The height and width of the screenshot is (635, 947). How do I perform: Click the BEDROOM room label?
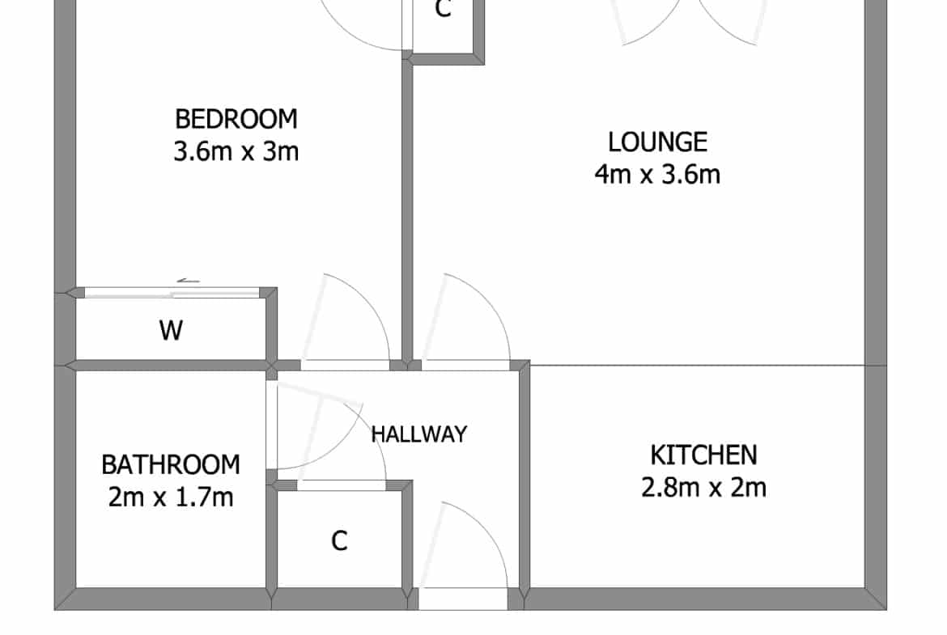click(x=236, y=119)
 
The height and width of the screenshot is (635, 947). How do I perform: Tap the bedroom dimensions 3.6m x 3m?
click(x=236, y=151)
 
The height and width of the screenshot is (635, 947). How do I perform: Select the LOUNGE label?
click(x=657, y=142)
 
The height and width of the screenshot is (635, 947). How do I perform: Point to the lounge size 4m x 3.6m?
click(x=657, y=174)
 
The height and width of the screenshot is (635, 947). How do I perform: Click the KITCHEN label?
click(x=703, y=455)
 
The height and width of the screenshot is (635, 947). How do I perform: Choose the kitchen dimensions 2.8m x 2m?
click(x=703, y=487)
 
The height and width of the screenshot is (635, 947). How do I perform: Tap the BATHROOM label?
click(x=171, y=464)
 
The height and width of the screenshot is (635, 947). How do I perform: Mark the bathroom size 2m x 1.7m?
click(x=171, y=497)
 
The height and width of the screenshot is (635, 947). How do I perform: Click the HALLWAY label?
click(x=419, y=434)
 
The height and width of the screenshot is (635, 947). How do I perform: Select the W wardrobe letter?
click(x=171, y=330)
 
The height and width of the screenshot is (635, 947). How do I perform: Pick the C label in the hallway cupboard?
click(x=339, y=540)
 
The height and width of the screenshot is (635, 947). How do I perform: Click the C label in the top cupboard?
click(x=444, y=8)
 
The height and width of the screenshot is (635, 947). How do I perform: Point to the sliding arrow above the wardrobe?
click(x=188, y=281)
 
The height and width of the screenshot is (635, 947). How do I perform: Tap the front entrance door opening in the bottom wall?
click(x=463, y=599)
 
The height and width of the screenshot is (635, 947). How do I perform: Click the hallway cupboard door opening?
click(x=342, y=486)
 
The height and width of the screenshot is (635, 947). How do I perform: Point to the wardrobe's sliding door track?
click(x=172, y=294)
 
